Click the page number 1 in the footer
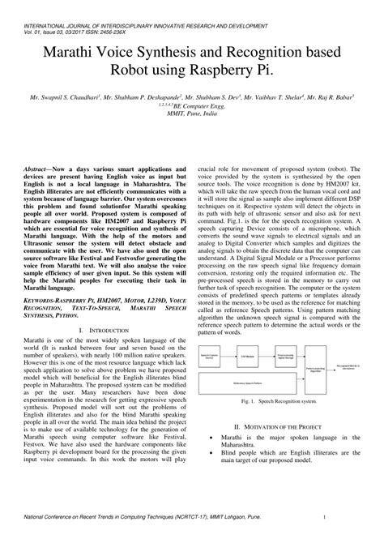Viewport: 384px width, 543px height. coord(323,516)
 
